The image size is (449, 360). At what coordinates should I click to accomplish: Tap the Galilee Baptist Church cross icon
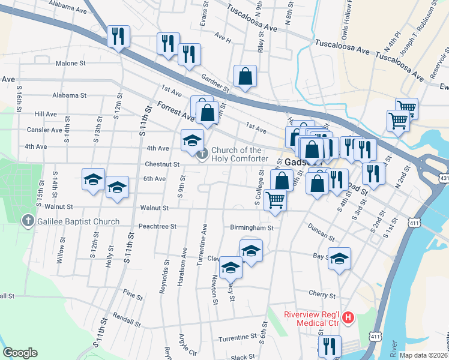tap(27, 221)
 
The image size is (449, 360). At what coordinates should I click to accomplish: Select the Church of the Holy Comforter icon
tap(202, 154)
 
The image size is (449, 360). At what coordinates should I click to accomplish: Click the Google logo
tap(20, 353)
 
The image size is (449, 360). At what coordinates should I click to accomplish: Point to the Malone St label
tap(71, 63)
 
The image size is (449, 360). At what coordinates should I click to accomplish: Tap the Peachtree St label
tap(157, 227)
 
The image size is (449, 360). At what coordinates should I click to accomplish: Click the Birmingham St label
tap(252, 227)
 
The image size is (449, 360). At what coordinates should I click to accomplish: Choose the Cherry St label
tap(322, 295)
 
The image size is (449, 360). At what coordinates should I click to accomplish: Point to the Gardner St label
tap(215, 83)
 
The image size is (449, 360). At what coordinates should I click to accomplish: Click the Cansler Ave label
tap(44, 130)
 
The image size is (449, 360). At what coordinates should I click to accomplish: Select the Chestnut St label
tap(162, 164)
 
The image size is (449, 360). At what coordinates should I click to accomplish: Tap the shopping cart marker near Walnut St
tap(275, 199)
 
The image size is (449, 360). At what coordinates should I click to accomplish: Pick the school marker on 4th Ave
tap(192, 140)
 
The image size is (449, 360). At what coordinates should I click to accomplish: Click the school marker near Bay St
tap(339, 257)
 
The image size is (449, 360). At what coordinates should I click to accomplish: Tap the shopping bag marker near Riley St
tap(245, 76)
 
